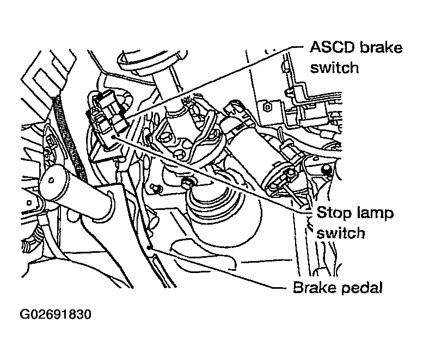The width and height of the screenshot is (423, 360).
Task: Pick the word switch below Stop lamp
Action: pyautogui.click(x=341, y=233)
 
